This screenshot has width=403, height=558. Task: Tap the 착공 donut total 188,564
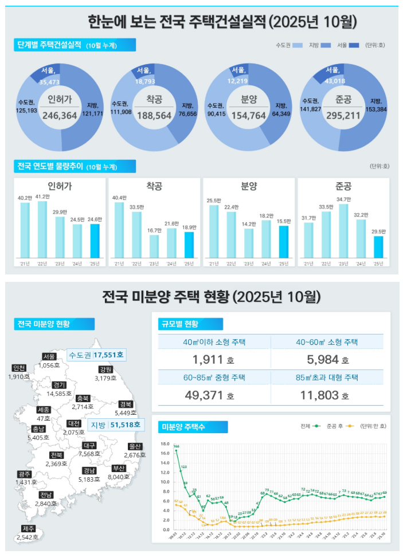pos(154,115)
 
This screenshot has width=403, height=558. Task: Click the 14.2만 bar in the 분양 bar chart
pos(249,235)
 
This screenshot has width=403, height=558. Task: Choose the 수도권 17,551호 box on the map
pos(96,355)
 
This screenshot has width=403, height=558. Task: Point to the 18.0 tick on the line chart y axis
pos(165,444)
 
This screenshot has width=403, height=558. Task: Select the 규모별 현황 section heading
pos(179,324)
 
